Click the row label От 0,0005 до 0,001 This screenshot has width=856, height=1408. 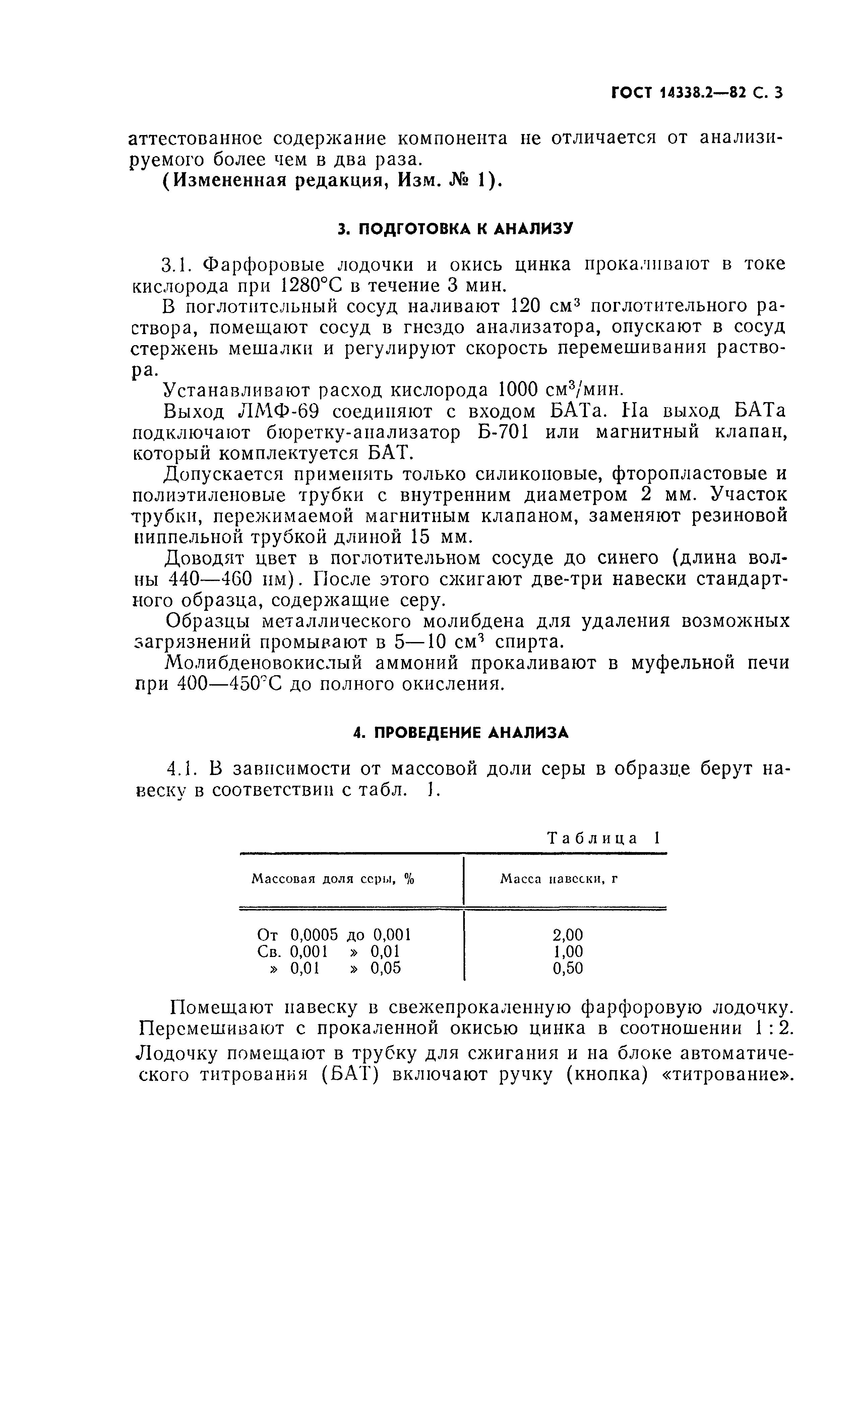pyautogui.click(x=334, y=935)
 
